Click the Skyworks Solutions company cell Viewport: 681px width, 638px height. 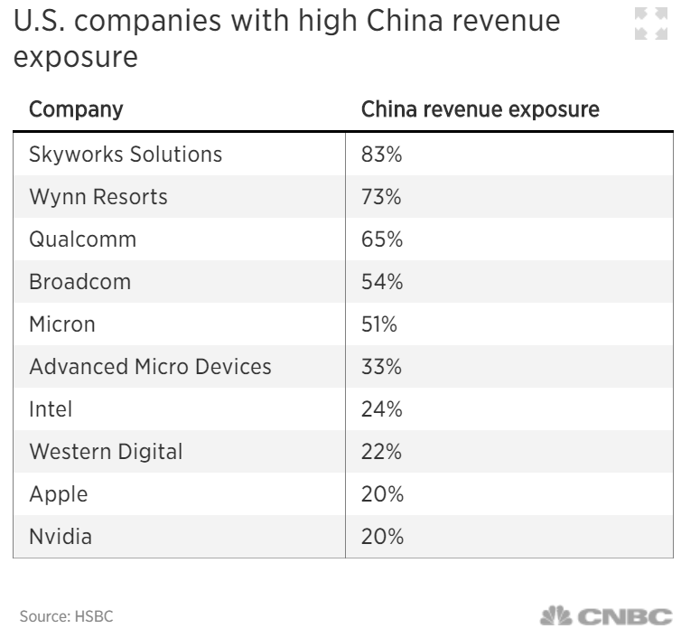click(x=126, y=155)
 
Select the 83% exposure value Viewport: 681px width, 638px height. click(x=381, y=155)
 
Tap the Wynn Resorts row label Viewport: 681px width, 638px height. click(x=98, y=197)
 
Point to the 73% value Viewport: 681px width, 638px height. click(x=381, y=197)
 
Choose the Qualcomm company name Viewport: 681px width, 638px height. click(x=83, y=239)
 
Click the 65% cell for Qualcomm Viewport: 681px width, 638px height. click(x=381, y=239)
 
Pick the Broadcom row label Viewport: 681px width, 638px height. click(x=80, y=282)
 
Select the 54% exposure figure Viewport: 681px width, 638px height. click(x=381, y=282)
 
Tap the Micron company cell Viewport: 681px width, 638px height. click(x=62, y=324)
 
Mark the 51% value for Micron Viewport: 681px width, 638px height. click(x=379, y=324)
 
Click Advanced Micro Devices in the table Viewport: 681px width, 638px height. click(x=150, y=367)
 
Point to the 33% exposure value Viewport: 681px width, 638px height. click(x=381, y=367)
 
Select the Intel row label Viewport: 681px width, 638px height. click(x=51, y=409)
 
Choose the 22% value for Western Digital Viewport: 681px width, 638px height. click(x=381, y=452)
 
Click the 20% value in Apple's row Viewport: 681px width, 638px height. click(x=381, y=494)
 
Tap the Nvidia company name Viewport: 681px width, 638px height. click(x=61, y=537)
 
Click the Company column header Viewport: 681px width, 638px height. click(x=76, y=110)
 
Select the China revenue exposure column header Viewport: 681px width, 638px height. click(x=480, y=110)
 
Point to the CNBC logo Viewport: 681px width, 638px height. click(x=606, y=617)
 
